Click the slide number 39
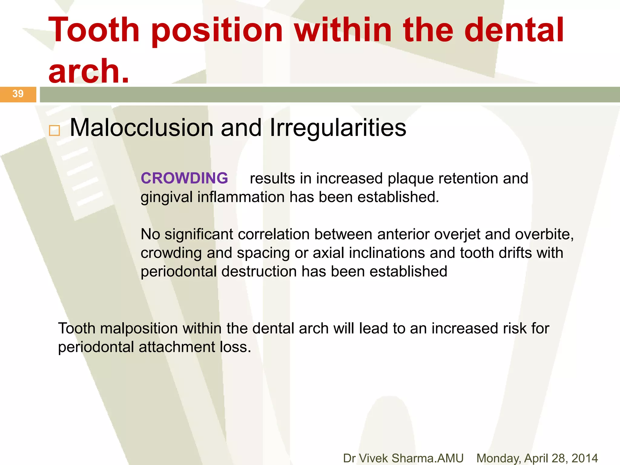[18, 94]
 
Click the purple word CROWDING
[184, 178]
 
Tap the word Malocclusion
[141, 128]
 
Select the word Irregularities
[338, 128]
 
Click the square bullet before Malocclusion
[54, 131]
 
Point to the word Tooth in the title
[94, 30]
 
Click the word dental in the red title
[514, 30]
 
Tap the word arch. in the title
[89, 71]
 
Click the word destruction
[259, 272]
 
